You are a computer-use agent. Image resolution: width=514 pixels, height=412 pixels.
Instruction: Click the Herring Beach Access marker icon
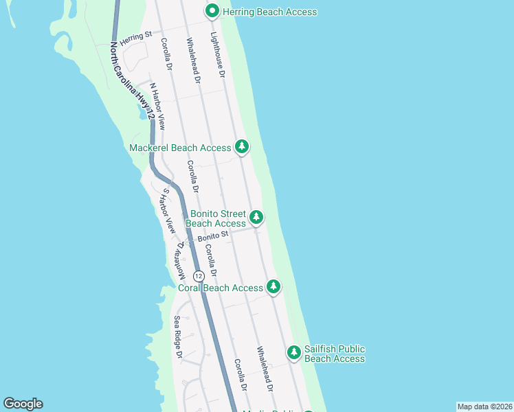pyautogui.click(x=212, y=11)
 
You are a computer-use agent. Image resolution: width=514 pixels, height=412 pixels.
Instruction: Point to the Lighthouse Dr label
pyautogui.click(x=218, y=56)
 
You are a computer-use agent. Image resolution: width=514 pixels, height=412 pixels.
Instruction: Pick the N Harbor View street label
pyautogui.click(x=157, y=106)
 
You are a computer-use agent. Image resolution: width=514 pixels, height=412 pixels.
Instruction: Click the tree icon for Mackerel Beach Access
pyautogui.click(x=241, y=146)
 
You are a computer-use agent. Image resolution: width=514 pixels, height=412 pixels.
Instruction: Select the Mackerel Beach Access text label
pyautogui.click(x=181, y=148)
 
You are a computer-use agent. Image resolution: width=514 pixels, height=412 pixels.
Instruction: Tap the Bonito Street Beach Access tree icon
pyautogui.click(x=256, y=218)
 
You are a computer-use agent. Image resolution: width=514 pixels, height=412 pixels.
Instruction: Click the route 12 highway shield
pyautogui.click(x=199, y=275)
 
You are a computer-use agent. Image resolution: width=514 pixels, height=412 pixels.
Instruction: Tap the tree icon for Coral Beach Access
pyautogui.click(x=273, y=286)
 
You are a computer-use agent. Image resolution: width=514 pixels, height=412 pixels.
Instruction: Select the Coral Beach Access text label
pyautogui.click(x=221, y=288)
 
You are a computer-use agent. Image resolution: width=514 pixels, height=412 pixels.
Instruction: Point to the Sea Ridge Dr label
pyautogui.click(x=177, y=336)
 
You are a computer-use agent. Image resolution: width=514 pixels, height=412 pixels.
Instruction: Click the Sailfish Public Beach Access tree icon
pyautogui.click(x=293, y=352)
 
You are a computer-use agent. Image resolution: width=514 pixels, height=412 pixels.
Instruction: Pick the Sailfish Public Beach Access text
pyautogui.click(x=335, y=354)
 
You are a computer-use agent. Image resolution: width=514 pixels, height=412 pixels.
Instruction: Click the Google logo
pyautogui.click(x=23, y=404)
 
